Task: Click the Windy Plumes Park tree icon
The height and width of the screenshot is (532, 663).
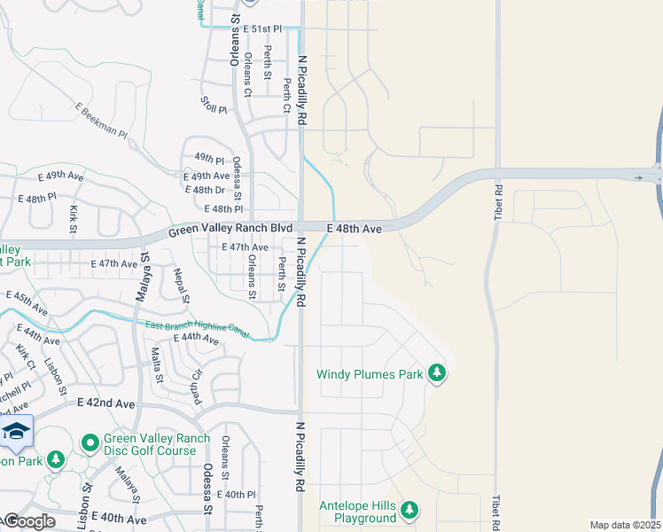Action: pyautogui.click(x=436, y=374)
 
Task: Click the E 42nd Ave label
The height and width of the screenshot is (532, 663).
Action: pyautogui.click(x=105, y=403)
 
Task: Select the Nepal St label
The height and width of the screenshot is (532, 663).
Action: pyautogui.click(x=181, y=285)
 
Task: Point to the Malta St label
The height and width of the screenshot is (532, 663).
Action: pyautogui.click(x=156, y=365)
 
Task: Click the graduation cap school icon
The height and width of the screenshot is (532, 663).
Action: pyautogui.click(x=15, y=432)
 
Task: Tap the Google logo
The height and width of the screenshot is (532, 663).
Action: pyautogui.click(x=28, y=521)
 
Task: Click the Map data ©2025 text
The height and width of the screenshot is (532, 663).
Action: pyautogui.click(x=625, y=525)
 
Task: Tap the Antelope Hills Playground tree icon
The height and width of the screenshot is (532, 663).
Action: pyautogui.click(x=409, y=509)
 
